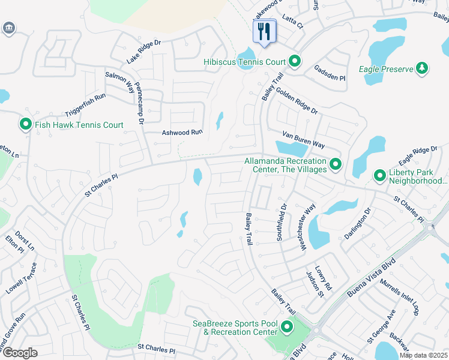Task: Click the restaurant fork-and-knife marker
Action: coord(264,31)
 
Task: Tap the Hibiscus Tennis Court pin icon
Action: coord(295,61)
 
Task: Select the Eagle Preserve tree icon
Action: coord(422,68)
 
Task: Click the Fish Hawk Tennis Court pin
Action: coord(26,124)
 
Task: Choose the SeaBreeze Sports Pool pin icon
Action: coord(287,328)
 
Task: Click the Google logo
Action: coord(20,352)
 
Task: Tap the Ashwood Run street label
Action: coord(183,133)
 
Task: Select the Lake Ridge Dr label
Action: coord(144,53)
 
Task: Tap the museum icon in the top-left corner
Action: coord(9,28)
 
